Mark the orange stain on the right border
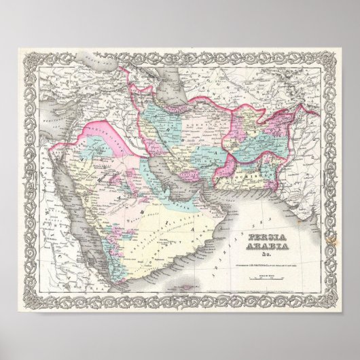click(x=331, y=240)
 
